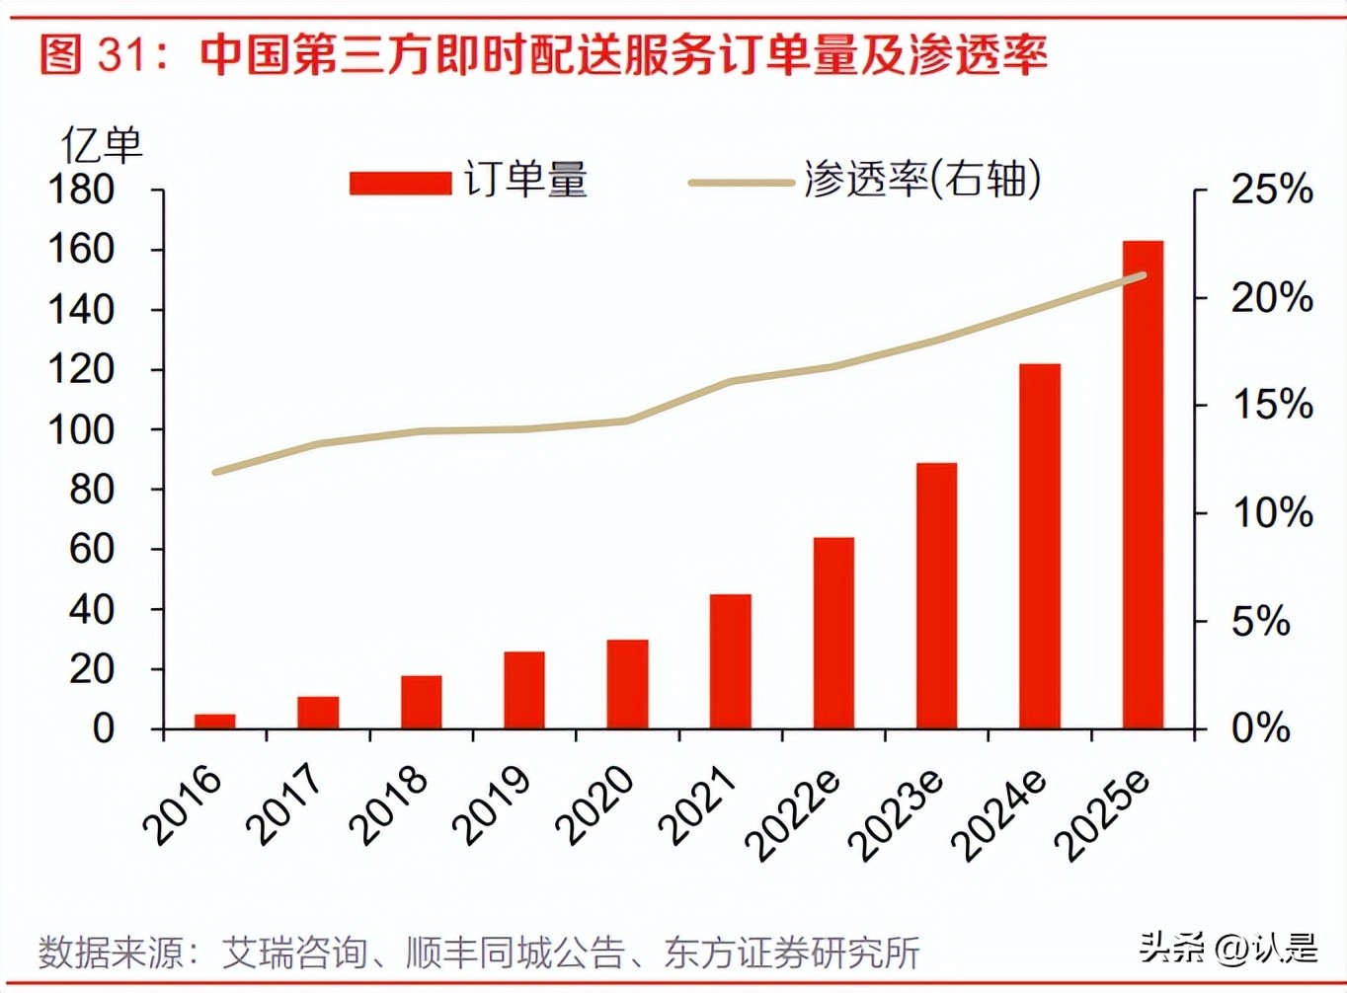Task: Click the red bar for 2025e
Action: click(1143, 484)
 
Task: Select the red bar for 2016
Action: click(215, 721)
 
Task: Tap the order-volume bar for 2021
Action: click(731, 661)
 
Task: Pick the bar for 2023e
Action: click(936, 595)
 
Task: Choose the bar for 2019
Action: click(524, 690)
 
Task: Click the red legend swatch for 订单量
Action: click(400, 183)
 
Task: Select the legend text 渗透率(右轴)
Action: click(922, 180)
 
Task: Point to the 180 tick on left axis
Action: click(81, 190)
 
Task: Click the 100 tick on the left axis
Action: click(81, 429)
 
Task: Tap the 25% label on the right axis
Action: click(1271, 189)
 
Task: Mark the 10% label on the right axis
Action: click(1271, 513)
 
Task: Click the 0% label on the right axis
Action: click(1260, 728)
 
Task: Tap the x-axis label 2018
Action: click(389, 805)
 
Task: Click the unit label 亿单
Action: click(101, 146)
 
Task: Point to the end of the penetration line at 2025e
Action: click(1143, 275)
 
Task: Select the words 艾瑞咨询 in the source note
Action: click(294, 953)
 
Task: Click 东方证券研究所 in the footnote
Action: click(792, 953)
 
